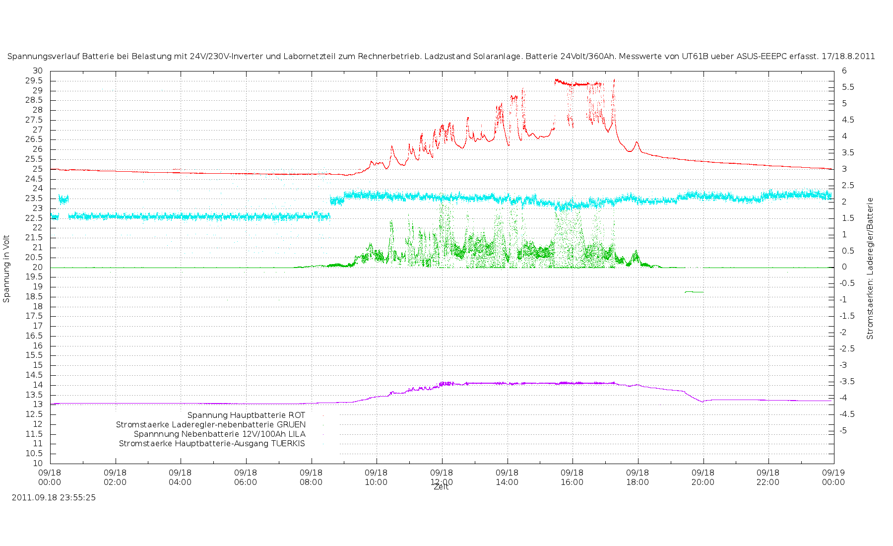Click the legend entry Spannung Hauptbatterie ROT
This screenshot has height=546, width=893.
coord(246,415)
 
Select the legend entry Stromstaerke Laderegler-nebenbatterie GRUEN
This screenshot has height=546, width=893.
coord(211,424)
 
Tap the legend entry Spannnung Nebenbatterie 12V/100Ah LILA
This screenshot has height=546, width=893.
coord(220,434)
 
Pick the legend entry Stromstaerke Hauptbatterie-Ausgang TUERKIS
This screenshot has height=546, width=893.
coord(212,443)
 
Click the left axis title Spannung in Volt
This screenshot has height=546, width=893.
coord(6,269)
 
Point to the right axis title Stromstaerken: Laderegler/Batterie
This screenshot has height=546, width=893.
coord(870,269)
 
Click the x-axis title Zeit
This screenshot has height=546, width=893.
coord(441,487)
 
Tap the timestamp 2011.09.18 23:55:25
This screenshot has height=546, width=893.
coord(54,497)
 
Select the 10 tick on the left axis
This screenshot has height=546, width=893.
coord(38,463)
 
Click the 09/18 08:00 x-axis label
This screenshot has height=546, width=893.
coord(311,477)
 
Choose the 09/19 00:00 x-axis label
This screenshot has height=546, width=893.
coord(833,477)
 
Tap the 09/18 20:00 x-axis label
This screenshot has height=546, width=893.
coord(703,477)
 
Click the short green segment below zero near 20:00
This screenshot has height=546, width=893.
coord(694,292)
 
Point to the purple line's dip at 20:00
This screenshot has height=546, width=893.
coord(702,402)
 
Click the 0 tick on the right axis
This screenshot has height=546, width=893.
coord(844,267)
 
